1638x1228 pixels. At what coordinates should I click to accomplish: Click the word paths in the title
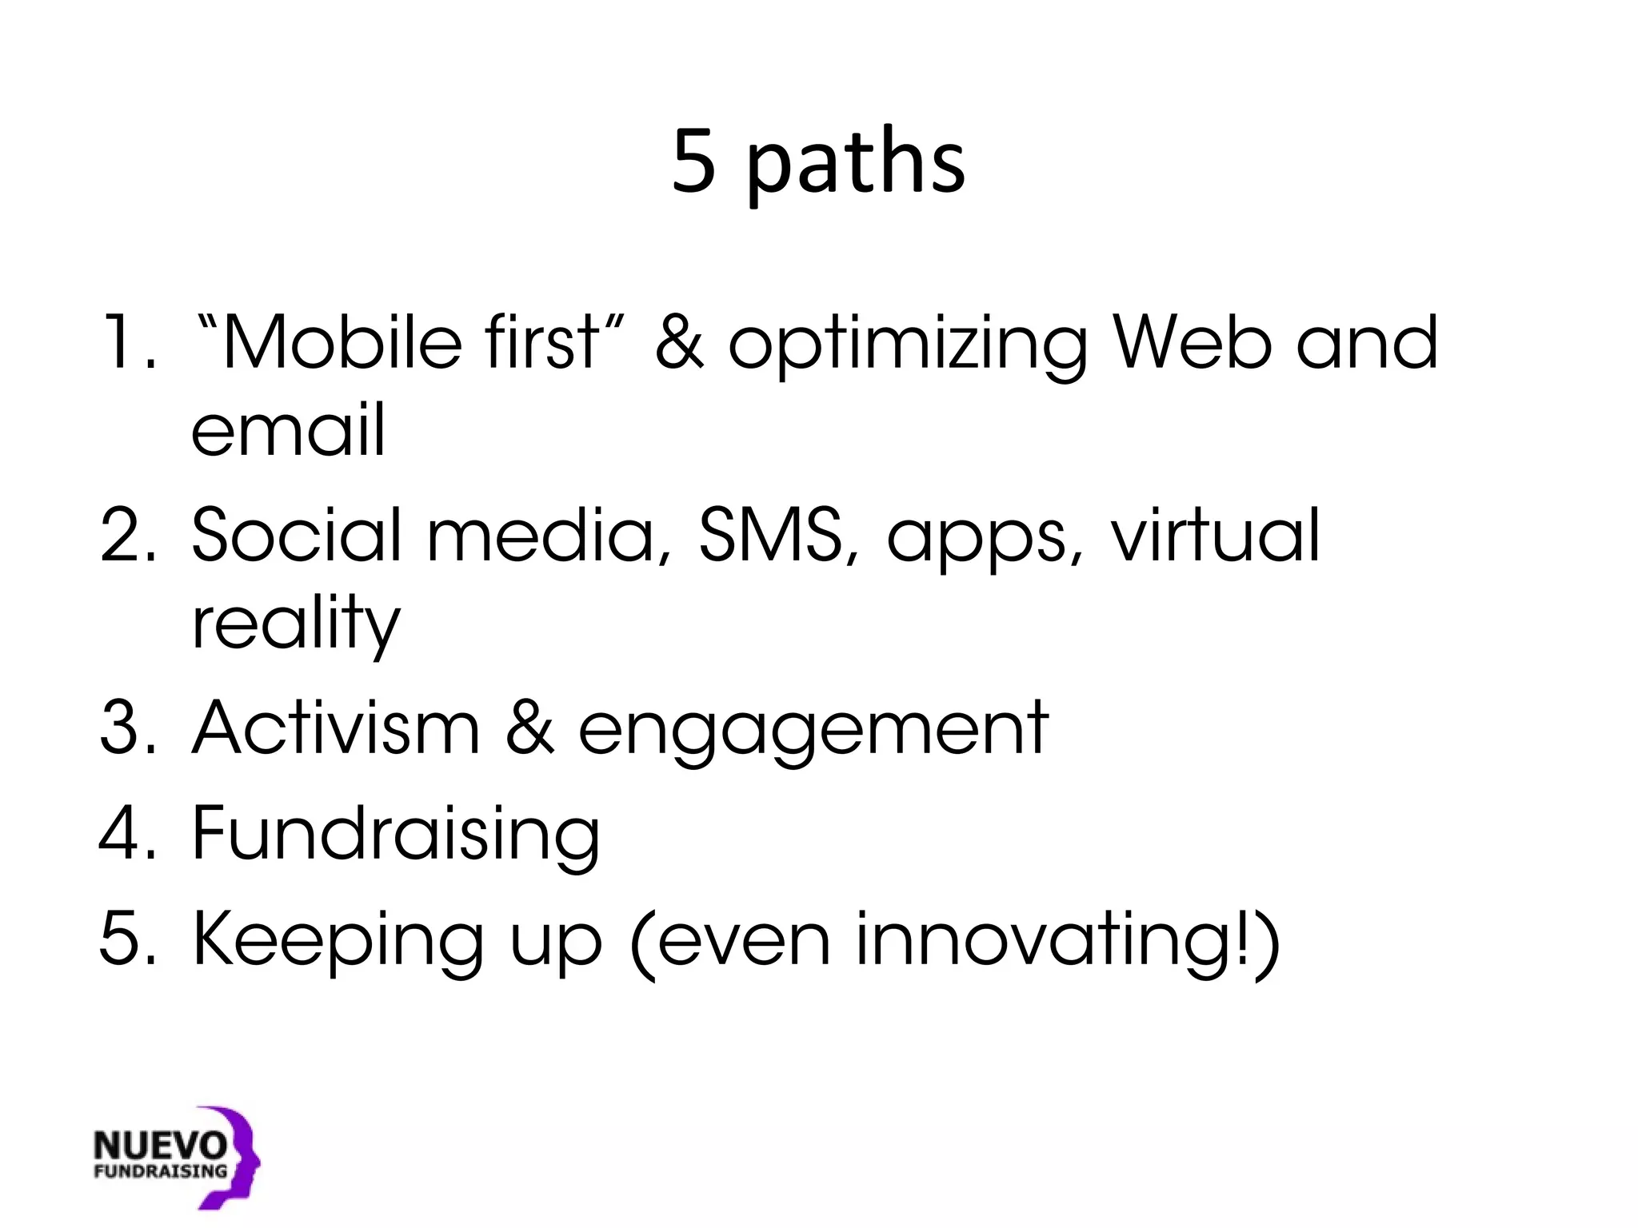click(856, 164)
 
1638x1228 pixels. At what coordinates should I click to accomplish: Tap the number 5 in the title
click(693, 162)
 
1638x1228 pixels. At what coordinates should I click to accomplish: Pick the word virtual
click(1216, 534)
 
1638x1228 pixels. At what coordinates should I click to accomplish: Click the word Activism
click(336, 728)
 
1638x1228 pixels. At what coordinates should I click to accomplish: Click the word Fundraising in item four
click(396, 835)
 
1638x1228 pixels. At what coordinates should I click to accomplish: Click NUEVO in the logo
click(160, 1146)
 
